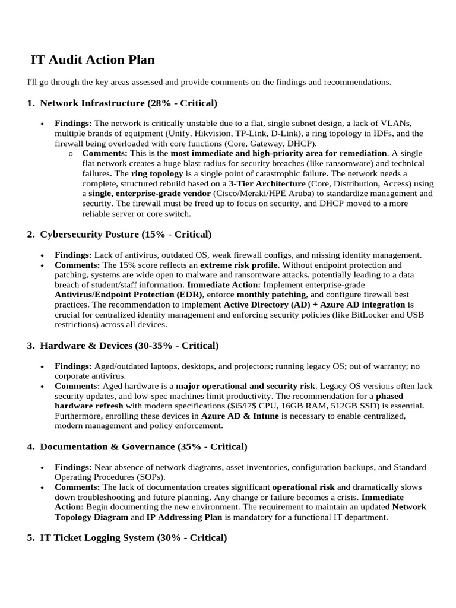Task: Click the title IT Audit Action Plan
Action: click(93, 59)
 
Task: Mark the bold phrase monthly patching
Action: click(271, 294)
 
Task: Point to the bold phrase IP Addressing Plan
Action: click(184, 517)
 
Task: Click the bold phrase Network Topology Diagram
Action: click(92, 517)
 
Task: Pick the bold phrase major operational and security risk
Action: click(245, 386)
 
